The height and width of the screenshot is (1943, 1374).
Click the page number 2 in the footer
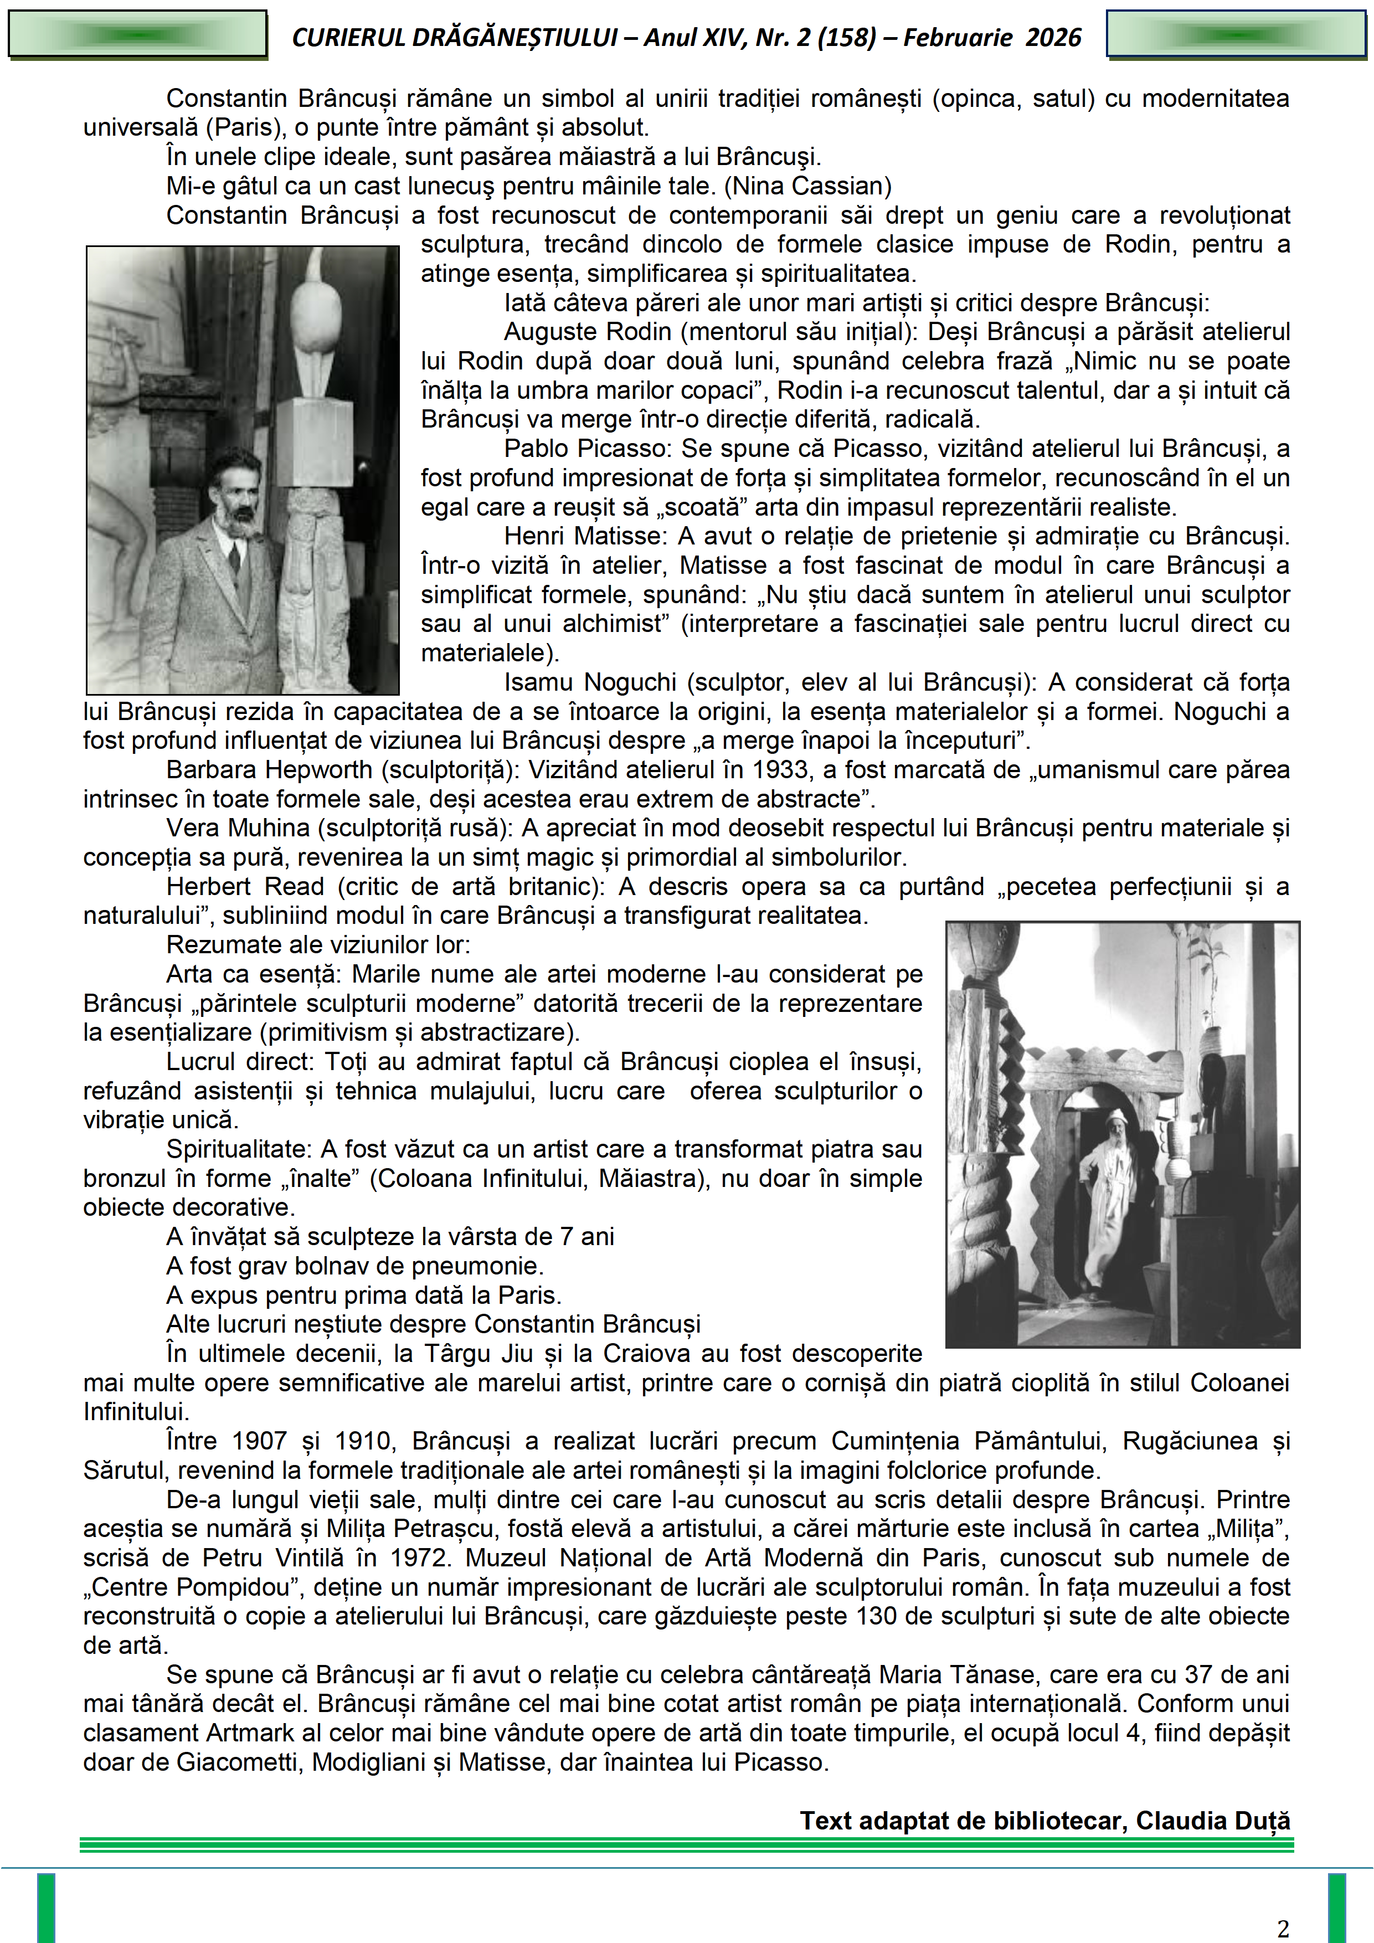click(1283, 1927)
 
